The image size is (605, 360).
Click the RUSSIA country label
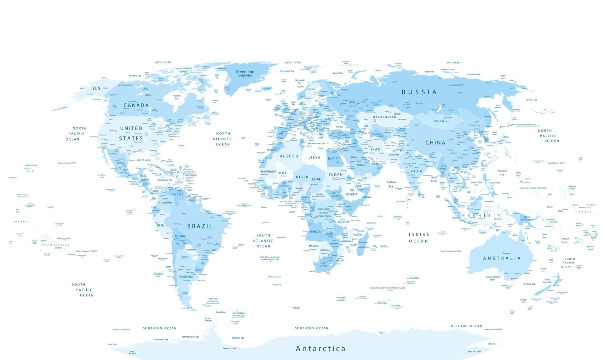pyautogui.click(x=419, y=92)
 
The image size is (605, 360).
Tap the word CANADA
pyautogui.click(x=136, y=105)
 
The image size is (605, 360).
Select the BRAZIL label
pyautogui.click(x=200, y=226)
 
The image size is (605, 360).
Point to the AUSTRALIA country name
pyautogui.click(x=502, y=258)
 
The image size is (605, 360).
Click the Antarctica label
pyautogui.click(x=320, y=349)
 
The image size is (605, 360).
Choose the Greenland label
pyautogui.click(x=245, y=72)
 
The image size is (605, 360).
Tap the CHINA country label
pyautogui.click(x=435, y=142)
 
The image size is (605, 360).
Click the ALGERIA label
pyautogui.click(x=289, y=156)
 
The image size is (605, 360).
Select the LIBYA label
pyautogui.click(x=314, y=158)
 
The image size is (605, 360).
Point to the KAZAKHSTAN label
pyautogui.click(x=385, y=117)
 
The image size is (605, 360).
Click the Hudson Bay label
pyautogui.click(x=177, y=97)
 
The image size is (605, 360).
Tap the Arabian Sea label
pyautogui.click(x=391, y=184)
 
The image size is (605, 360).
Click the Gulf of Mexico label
pyautogui.click(x=144, y=160)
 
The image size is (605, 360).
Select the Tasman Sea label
pyautogui.click(x=529, y=284)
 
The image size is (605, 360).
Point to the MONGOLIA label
pyautogui.click(x=440, y=121)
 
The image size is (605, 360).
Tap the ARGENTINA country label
pyautogui.click(x=186, y=277)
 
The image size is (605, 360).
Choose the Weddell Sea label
pyautogui.click(x=238, y=338)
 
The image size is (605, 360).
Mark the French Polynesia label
pyautogui.click(x=56, y=245)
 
